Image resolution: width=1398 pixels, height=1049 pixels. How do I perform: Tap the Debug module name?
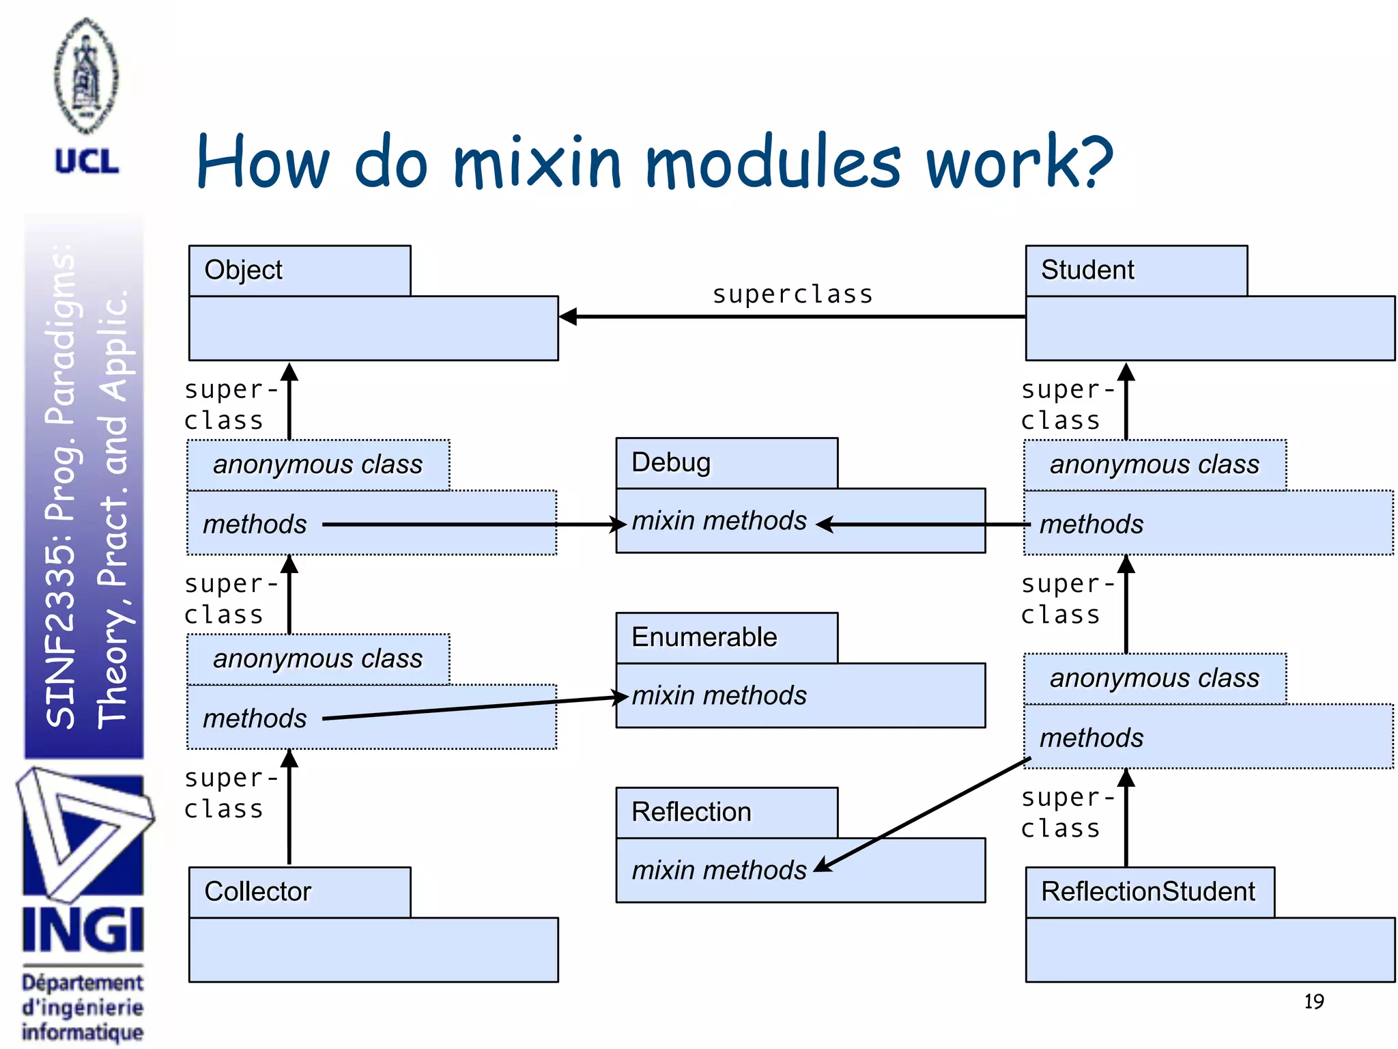pyautogui.click(x=671, y=463)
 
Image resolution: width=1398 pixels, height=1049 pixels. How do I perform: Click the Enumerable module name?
pyautogui.click(x=704, y=637)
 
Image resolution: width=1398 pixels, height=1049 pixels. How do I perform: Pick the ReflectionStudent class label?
pyautogui.click(x=1148, y=892)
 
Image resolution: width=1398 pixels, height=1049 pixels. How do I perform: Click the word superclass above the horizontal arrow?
pyautogui.click(x=793, y=294)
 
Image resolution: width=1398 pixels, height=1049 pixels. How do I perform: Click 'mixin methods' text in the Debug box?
pyautogui.click(x=719, y=521)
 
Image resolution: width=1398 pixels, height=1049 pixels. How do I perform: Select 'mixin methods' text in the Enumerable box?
pyautogui.click(x=719, y=696)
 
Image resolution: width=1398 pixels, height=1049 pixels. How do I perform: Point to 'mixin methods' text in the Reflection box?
pyautogui.click(x=719, y=871)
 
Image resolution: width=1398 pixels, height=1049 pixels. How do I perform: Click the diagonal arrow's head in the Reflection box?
pyautogui.click(x=822, y=865)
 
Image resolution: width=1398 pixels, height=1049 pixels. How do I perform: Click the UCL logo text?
pyautogui.click(x=87, y=162)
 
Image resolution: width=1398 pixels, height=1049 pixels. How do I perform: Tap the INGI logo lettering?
pyautogui.click(x=83, y=930)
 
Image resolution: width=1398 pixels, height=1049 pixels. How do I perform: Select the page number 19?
pyautogui.click(x=1313, y=1002)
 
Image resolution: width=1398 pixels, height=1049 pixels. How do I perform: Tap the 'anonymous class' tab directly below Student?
pyautogui.click(x=1154, y=465)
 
